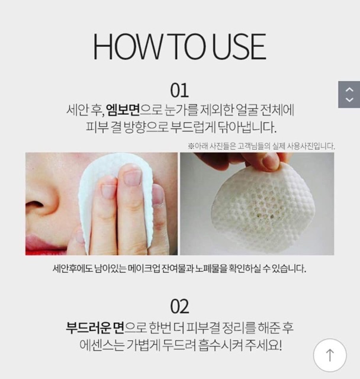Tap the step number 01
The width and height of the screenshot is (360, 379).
point(179,90)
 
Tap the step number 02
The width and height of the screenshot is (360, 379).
point(179,306)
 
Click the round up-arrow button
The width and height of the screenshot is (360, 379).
point(330,355)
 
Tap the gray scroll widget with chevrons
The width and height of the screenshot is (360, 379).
point(349,95)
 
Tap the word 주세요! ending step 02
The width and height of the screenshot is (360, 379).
point(271,346)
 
